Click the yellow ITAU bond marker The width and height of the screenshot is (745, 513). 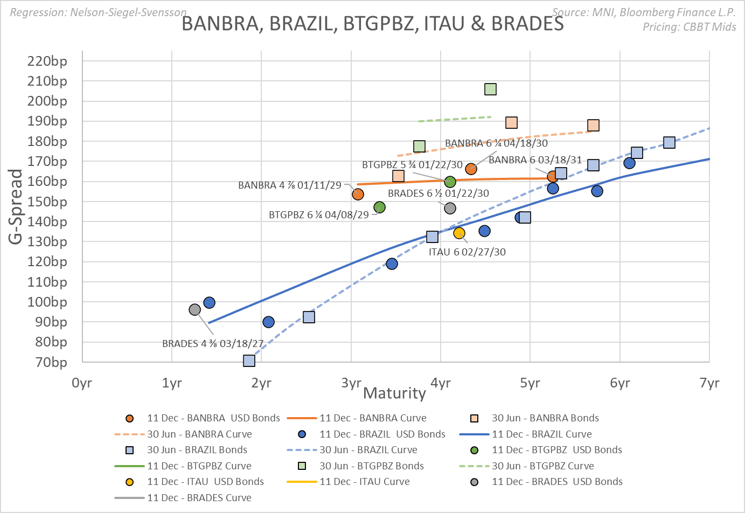click(x=459, y=233)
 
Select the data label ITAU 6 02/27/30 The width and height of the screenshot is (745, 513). click(x=467, y=252)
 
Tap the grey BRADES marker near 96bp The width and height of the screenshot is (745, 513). click(x=195, y=309)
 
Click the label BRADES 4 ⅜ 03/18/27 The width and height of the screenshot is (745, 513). click(x=213, y=343)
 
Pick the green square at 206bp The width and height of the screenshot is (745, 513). click(x=490, y=89)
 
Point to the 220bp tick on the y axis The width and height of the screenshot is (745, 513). click(x=47, y=61)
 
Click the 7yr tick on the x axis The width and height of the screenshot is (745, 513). click(x=709, y=383)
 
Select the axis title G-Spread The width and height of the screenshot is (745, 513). click(x=16, y=206)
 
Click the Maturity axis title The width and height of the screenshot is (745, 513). click(x=394, y=393)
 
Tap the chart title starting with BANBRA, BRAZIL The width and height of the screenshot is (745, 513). click(x=372, y=24)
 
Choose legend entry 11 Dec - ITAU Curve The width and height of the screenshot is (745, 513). click(x=364, y=482)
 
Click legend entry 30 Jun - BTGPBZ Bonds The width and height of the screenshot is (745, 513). click(x=371, y=466)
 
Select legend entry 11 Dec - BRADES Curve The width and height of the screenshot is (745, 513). click(x=199, y=497)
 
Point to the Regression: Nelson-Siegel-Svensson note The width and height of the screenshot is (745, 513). click(x=99, y=12)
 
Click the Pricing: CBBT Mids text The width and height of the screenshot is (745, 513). click(x=689, y=27)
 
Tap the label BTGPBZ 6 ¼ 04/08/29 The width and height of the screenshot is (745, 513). click(x=319, y=214)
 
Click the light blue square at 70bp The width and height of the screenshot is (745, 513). click(x=249, y=361)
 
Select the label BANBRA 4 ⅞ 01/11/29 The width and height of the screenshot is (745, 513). click(x=290, y=185)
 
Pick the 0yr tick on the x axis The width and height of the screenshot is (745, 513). click(x=82, y=383)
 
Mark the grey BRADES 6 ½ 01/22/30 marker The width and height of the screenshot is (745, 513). click(x=450, y=208)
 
